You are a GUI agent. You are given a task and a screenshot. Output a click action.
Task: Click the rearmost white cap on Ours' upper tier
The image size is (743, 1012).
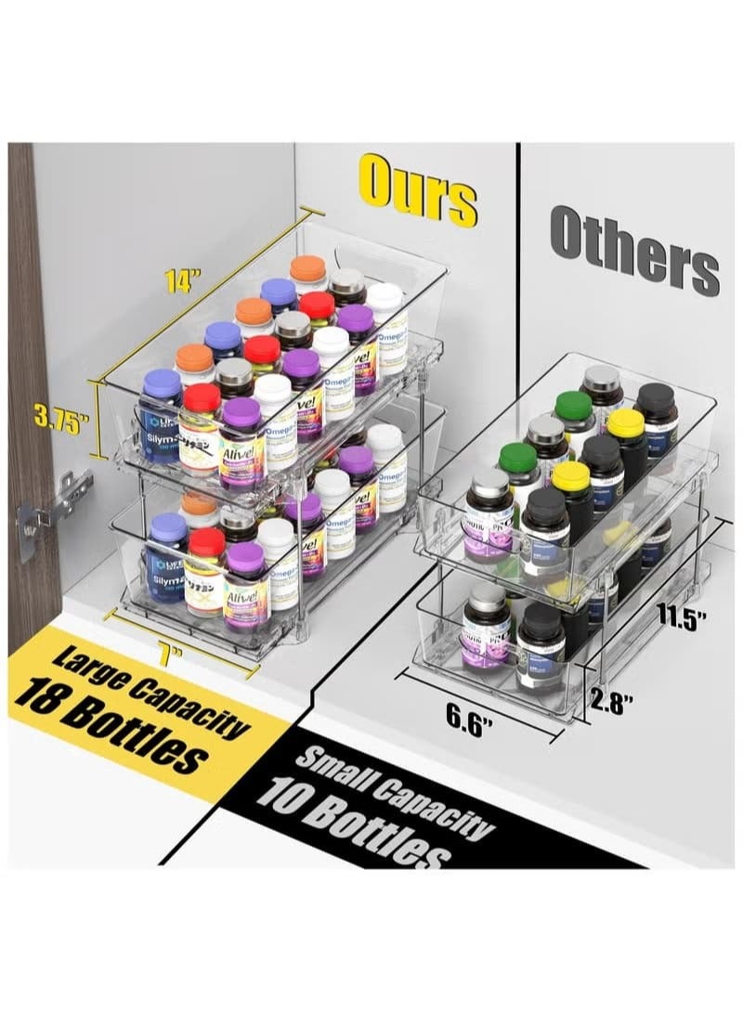click(384, 299)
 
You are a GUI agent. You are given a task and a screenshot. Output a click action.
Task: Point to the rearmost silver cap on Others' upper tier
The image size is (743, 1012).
click(602, 381)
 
